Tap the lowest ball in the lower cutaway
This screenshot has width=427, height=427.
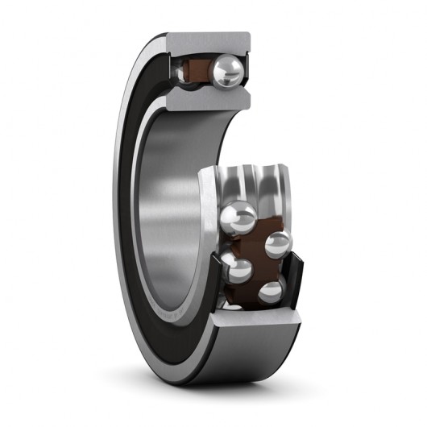pos(270,291)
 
